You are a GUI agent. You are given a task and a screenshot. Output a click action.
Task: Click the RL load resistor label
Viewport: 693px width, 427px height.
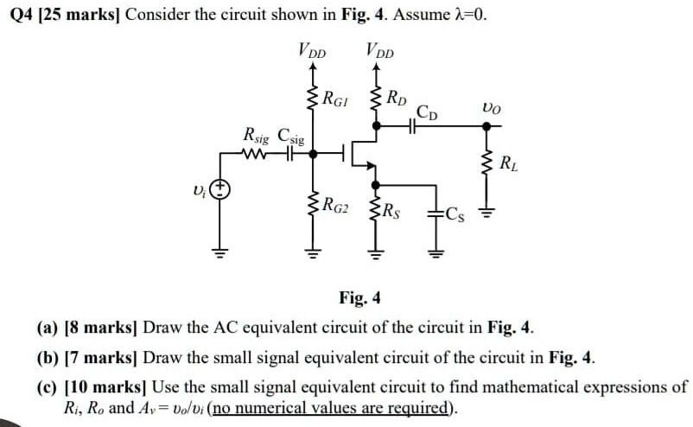(510, 159)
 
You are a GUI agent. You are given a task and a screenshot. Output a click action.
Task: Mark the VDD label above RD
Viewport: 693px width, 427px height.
(378, 50)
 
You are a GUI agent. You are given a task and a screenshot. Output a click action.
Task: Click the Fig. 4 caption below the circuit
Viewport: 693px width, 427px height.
(359, 299)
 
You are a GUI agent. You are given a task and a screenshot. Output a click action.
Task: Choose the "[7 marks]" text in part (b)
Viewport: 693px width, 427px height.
(104, 357)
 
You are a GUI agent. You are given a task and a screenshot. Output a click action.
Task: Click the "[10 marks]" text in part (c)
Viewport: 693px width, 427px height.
(106, 386)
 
